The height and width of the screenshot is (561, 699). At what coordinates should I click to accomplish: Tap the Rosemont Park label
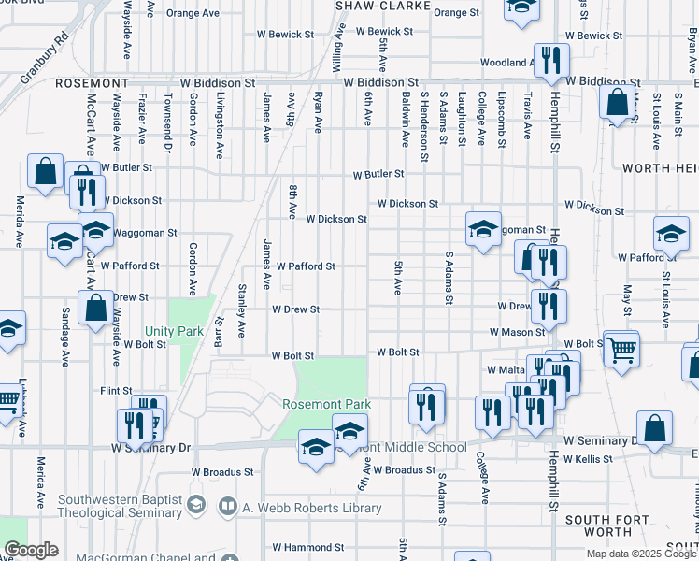tap(327, 404)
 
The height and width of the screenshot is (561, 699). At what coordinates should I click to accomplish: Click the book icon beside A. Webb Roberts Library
tap(227, 507)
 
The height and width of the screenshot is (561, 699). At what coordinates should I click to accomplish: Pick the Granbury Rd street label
tap(45, 57)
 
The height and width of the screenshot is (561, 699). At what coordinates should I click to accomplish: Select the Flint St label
tap(116, 390)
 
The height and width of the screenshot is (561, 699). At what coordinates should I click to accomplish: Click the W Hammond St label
tap(307, 547)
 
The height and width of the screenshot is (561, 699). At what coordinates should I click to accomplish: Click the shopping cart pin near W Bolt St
tap(621, 349)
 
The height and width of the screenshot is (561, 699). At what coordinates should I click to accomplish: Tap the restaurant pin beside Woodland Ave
tap(551, 60)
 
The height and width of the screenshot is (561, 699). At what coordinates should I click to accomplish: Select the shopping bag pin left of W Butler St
tap(45, 171)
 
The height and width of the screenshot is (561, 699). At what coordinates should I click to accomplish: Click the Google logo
tap(30, 550)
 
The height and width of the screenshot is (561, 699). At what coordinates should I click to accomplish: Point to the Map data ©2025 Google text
tap(642, 554)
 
